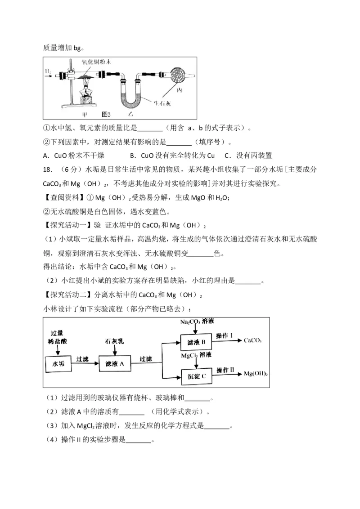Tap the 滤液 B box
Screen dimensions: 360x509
[196, 343]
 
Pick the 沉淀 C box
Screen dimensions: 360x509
[196, 376]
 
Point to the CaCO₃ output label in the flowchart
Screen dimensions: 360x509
[253, 340]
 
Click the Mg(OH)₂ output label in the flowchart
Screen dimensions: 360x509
[256, 374]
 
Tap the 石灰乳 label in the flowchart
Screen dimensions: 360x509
[114, 341]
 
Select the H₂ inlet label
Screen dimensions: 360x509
[48, 71]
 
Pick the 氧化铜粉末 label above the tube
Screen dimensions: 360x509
[96, 62]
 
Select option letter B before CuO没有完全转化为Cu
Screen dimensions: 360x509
[133, 156]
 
